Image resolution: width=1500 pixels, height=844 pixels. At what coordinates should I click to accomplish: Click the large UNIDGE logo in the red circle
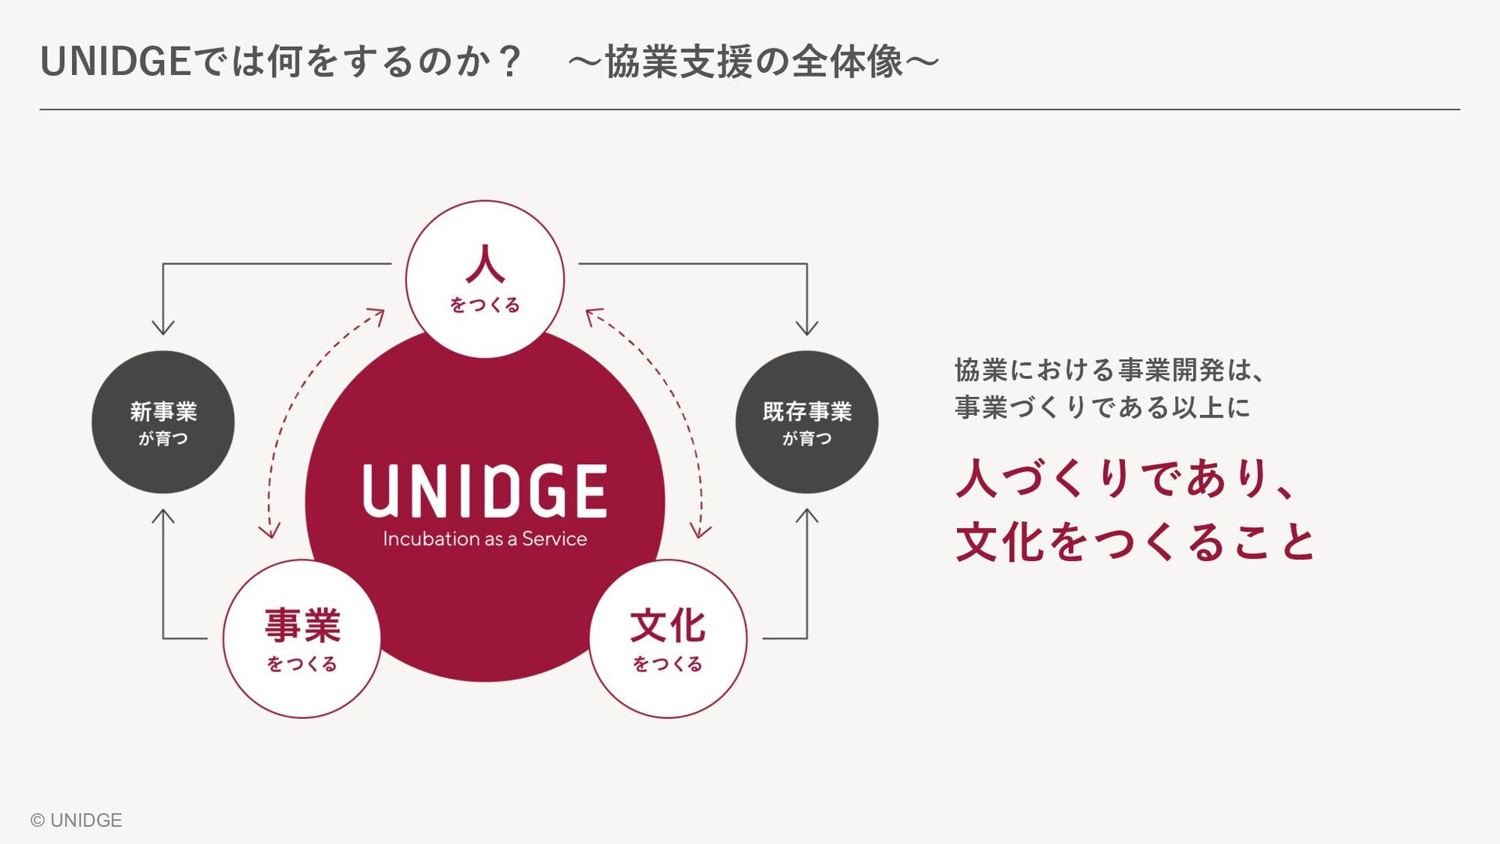point(484,490)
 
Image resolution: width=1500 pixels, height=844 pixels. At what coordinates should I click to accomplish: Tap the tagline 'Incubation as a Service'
point(484,539)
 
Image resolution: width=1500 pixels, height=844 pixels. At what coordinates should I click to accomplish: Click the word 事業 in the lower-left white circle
point(302,625)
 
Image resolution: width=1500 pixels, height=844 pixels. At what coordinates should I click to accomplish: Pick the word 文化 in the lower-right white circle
point(668,625)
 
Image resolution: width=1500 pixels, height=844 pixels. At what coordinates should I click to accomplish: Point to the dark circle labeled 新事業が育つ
point(163,422)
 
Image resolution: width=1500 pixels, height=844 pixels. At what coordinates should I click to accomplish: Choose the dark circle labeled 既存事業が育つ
point(807,422)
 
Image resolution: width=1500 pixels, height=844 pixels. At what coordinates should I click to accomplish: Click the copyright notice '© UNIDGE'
point(77,820)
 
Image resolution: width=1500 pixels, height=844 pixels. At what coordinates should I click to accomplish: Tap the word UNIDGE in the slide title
point(116,62)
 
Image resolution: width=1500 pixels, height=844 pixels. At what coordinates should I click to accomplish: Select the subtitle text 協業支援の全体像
point(754,62)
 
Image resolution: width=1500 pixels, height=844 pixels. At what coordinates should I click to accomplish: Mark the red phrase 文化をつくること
point(1135,542)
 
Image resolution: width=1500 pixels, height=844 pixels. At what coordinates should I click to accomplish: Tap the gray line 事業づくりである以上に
point(1102,407)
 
